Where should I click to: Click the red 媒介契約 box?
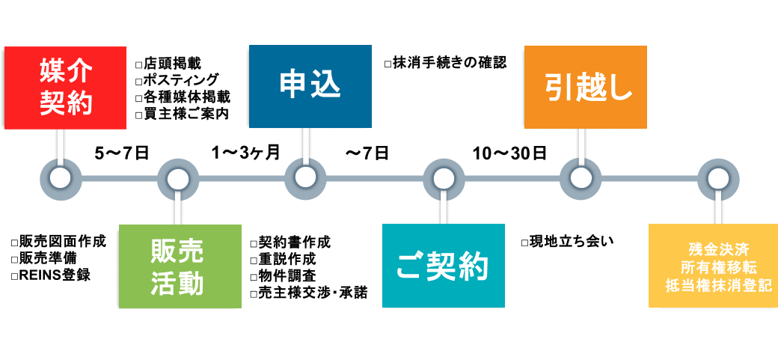click(65, 88)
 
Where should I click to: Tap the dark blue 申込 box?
click(310, 86)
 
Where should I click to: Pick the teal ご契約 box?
click(444, 266)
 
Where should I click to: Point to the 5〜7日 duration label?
click(122, 153)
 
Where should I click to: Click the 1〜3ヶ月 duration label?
click(245, 153)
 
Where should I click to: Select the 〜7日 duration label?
click(367, 153)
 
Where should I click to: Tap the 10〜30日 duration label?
click(509, 153)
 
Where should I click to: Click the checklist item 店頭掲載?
click(168, 64)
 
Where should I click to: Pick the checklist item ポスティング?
click(177, 80)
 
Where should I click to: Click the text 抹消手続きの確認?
click(445, 63)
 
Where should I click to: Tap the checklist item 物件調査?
click(282, 276)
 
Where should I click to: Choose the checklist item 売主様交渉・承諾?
click(309, 293)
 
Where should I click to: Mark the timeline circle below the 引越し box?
click(581, 178)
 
